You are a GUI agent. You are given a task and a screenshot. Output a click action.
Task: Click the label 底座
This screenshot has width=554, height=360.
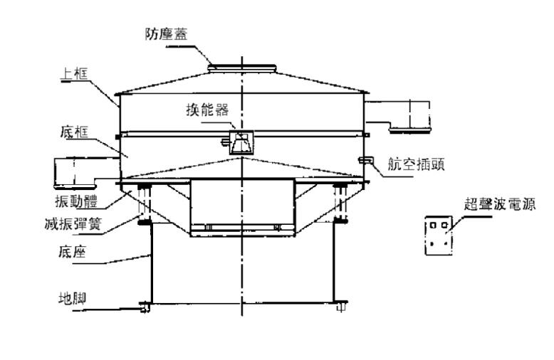click(71, 252)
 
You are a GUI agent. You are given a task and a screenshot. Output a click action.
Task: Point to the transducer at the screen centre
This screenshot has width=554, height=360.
click(241, 142)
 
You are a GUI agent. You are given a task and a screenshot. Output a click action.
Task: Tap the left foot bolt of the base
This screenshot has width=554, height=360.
click(145, 307)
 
